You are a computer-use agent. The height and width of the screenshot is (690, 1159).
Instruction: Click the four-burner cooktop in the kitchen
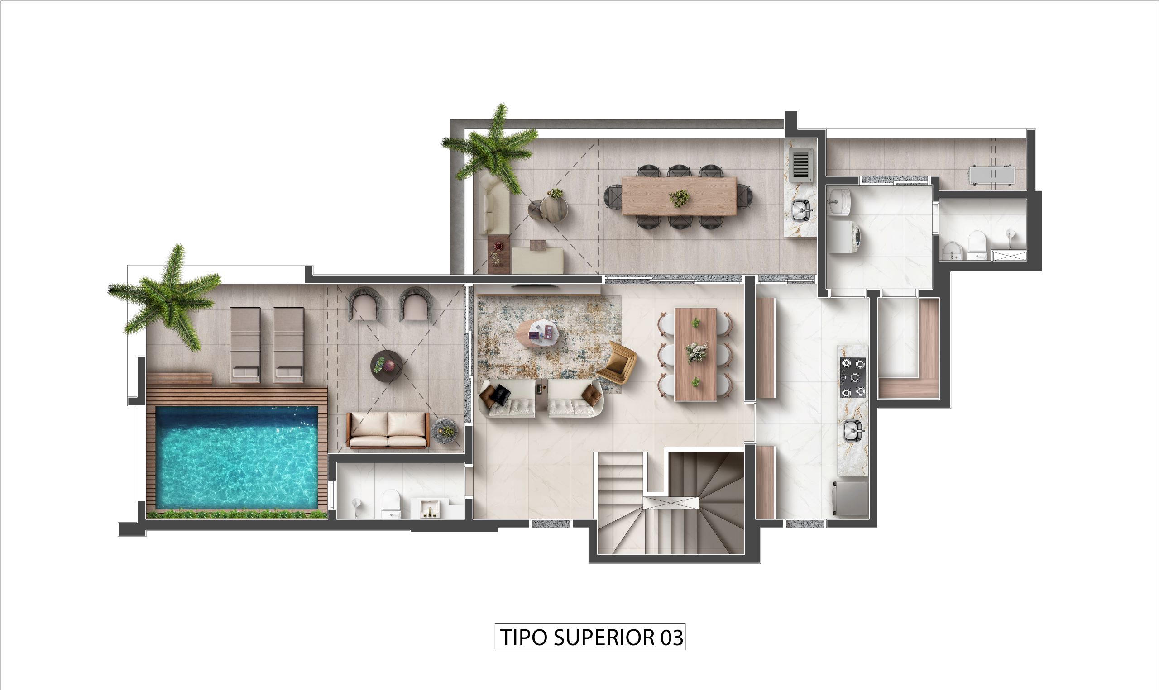852,377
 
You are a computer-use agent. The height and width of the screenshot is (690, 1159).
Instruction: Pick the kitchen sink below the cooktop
853,428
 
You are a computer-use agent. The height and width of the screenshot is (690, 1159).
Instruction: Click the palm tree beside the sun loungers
166,298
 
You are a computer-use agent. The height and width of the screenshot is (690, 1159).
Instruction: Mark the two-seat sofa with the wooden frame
388,430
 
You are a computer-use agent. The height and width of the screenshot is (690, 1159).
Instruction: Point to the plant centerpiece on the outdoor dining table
680,198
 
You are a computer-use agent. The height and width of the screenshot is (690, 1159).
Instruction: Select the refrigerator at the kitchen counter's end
851,499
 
